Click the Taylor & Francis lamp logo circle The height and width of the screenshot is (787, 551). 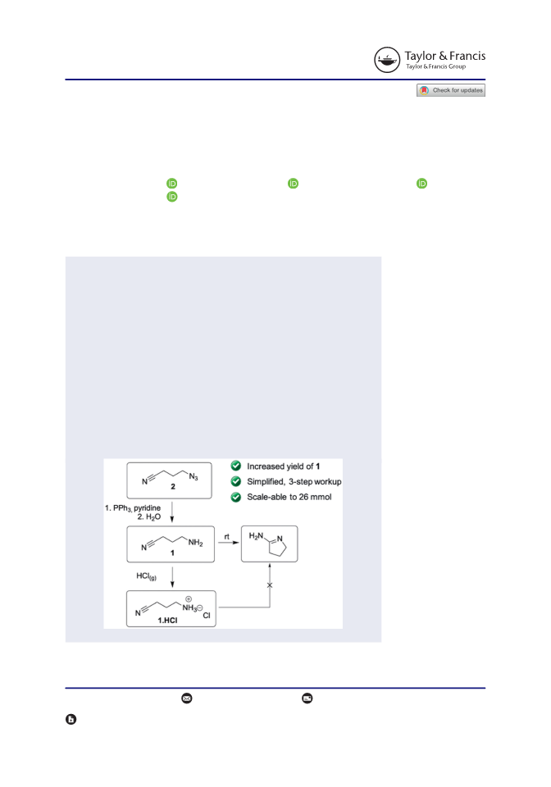pyautogui.click(x=387, y=60)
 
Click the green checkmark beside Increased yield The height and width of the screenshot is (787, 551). pyautogui.click(x=236, y=466)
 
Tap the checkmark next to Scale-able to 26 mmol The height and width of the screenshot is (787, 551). pyautogui.click(x=236, y=497)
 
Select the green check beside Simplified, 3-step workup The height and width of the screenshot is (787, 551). pyautogui.click(x=236, y=481)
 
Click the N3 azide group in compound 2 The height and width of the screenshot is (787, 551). pyautogui.click(x=194, y=477)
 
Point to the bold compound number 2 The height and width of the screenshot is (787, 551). pyautogui.click(x=173, y=486)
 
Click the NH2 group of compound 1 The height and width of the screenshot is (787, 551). pyautogui.click(x=195, y=543)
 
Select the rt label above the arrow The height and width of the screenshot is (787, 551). pyautogui.click(x=227, y=536)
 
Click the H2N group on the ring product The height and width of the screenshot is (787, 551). pyautogui.click(x=256, y=536)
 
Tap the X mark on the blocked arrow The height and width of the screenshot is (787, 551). pyautogui.click(x=270, y=585)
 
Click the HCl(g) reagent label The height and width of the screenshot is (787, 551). pyautogui.click(x=146, y=576)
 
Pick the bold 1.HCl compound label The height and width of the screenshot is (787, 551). pyautogui.click(x=167, y=621)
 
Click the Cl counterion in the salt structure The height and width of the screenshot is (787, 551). pyautogui.click(x=207, y=616)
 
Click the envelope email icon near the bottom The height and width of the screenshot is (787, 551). pyautogui.click(x=187, y=698)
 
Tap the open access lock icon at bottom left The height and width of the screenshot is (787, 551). pyautogui.click(x=71, y=719)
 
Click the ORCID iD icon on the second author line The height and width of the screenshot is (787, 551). pyautogui.click(x=171, y=196)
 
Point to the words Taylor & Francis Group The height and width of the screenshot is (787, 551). pyautogui.click(x=435, y=66)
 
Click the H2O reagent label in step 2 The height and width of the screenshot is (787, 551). pyautogui.click(x=153, y=517)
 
